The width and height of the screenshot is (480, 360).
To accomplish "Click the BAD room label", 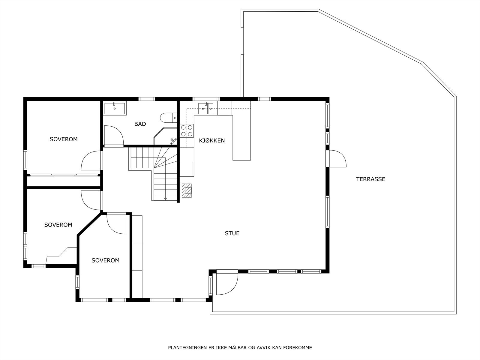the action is [x=140, y=124].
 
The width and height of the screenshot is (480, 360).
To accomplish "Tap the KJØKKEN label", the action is [x=212, y=140].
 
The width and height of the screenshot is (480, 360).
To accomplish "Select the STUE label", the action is [x=232, y=233].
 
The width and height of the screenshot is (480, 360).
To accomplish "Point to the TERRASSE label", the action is [x=370, y=179].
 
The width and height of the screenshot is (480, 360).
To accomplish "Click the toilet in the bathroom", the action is [x=168, y=118].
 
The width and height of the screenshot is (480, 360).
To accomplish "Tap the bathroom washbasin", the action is [x=115, y=108].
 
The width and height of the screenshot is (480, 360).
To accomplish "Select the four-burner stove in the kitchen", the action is [x=187, y=131].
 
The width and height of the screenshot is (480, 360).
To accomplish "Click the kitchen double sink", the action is [x=206, y=108].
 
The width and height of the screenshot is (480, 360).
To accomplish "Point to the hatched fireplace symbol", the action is [x=187, y=190].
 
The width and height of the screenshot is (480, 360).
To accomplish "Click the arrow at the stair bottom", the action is [x=165, y=199].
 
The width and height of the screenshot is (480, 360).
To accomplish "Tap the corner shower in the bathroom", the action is [x=166, y=136].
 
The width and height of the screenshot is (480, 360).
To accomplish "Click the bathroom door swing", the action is [x=114, y=135].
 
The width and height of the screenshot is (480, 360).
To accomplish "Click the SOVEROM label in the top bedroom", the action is [x=63, y=139].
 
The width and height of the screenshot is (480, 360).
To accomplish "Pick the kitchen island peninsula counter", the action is [x=241, y=138].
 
